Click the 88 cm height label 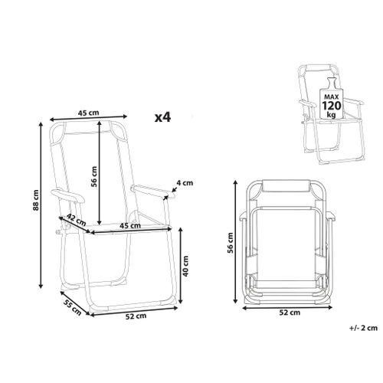point(37,200)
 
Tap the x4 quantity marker point(162,117)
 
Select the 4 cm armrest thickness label point(185,183)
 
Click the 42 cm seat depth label point(77,219)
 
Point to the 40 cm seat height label point(185,266)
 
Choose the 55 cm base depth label point(72,307)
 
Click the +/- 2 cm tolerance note point(363,328)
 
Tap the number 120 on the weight point(332,106)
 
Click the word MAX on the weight point(332,97)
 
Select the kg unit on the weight point(332,114)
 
